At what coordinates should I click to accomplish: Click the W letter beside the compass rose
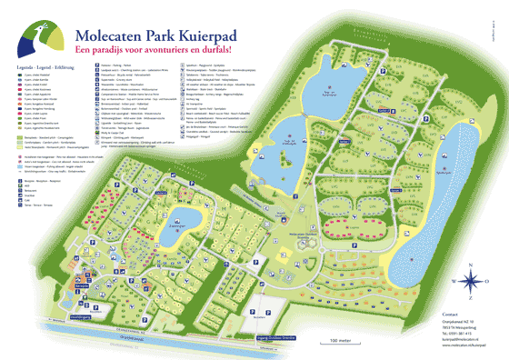(453, 280)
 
